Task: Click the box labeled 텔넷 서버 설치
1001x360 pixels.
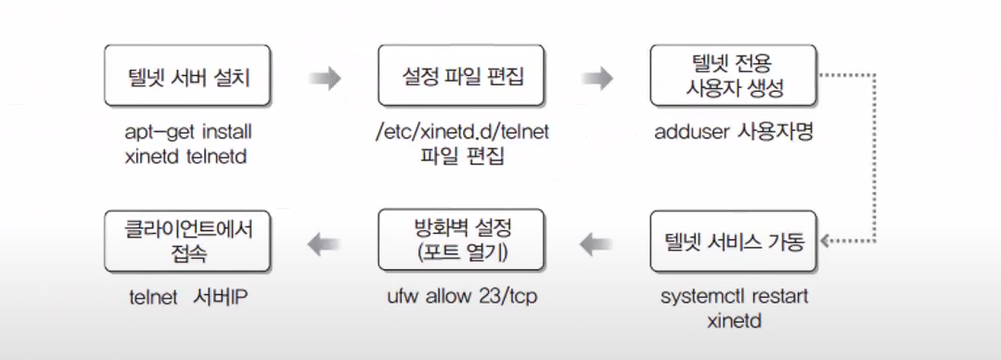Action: point(188,78)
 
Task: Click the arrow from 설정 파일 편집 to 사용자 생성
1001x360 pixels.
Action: point(598,79)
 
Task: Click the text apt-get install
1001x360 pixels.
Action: point(188,132)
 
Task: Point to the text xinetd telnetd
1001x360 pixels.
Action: point(188,157)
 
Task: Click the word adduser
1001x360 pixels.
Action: point(690,132)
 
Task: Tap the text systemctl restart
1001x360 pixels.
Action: point(734,297)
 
